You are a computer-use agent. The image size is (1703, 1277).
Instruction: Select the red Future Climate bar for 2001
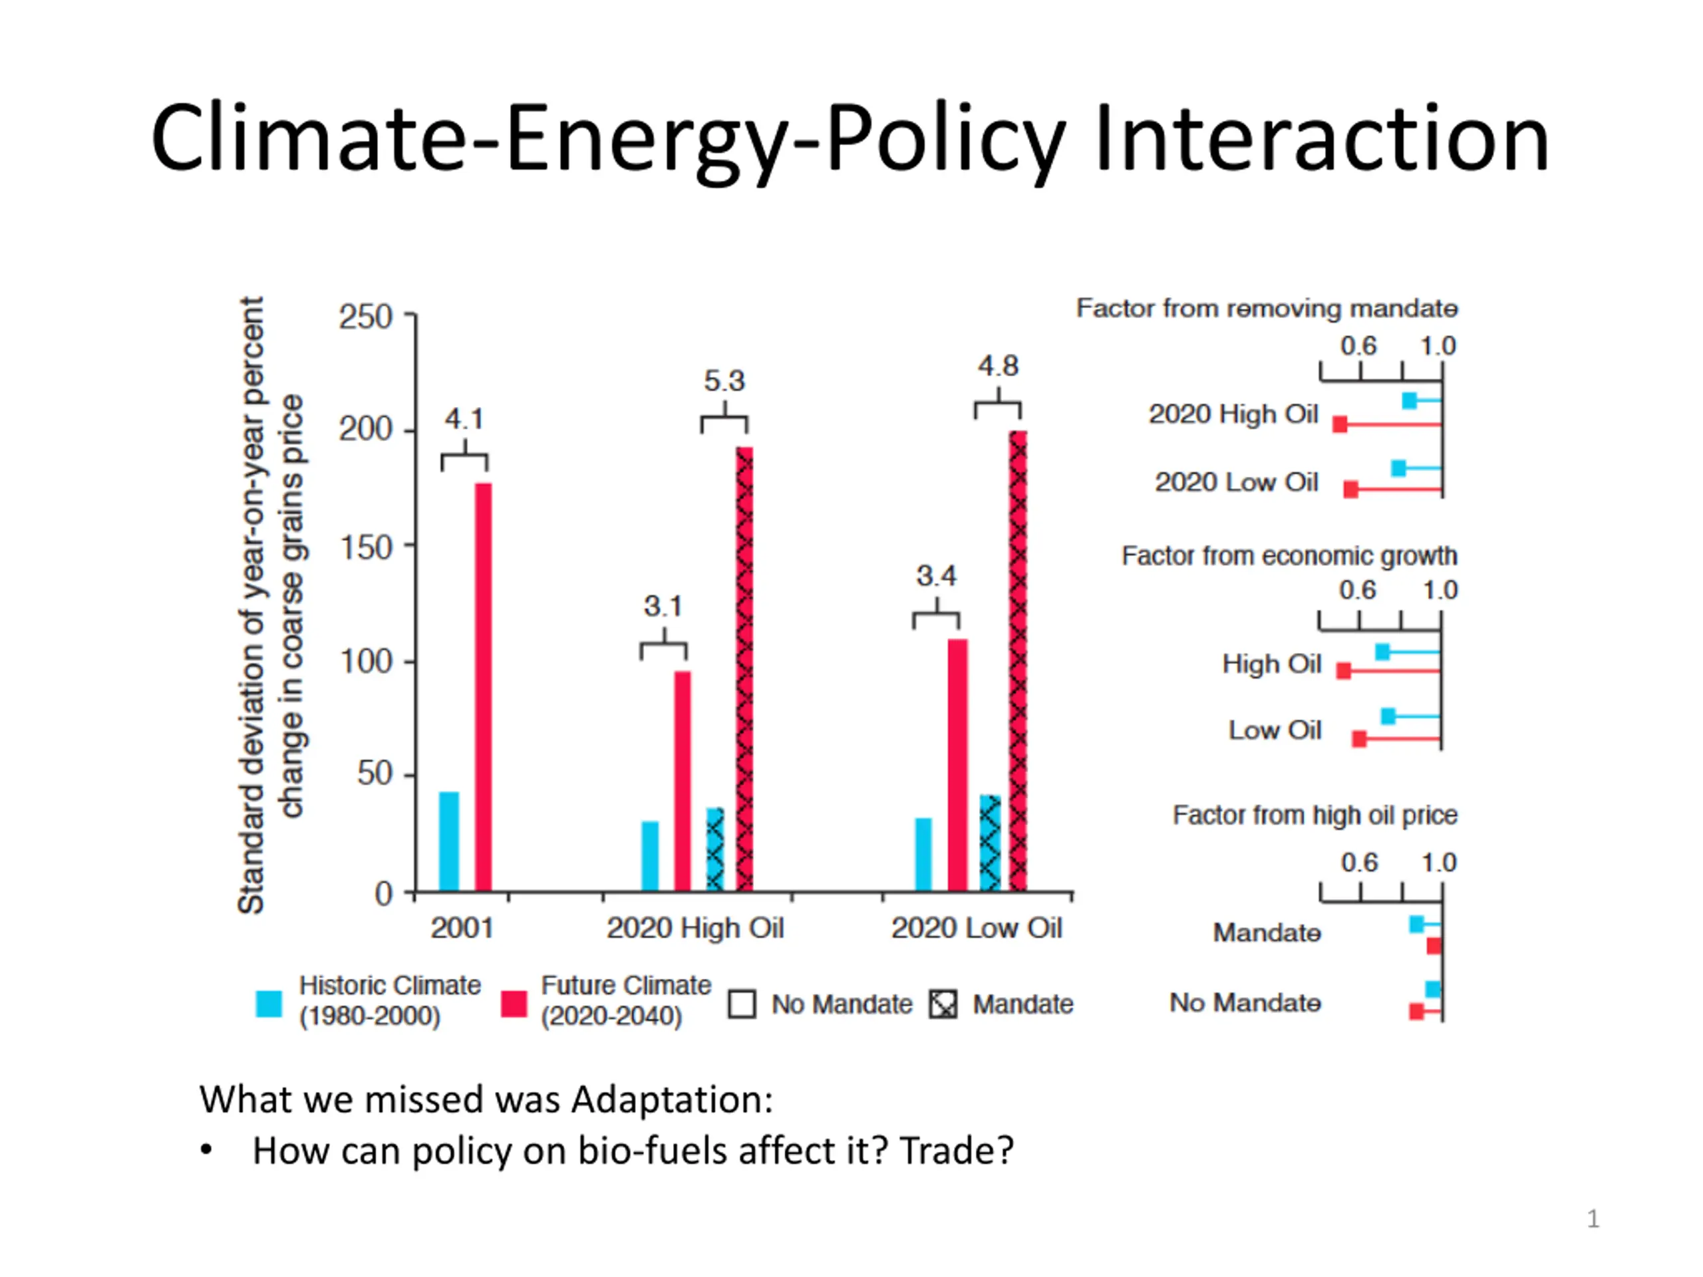pyautogui.click(x=483, y=686)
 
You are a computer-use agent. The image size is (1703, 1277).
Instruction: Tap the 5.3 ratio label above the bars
pyautogui.click(x=724, y=381)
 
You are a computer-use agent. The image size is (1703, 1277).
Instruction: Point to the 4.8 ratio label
pyautogui.click(x=998, y=366)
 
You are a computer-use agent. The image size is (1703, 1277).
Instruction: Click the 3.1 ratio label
pyautogui.click(x=663, y=607)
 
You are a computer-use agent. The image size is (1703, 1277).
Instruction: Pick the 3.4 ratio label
pyautogui.click(x=935, y=576)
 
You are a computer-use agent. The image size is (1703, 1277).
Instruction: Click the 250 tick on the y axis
pyautogui.click(x=366, y=317)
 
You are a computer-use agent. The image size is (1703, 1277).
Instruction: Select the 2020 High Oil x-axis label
pyautogui.click(x=695, y=928)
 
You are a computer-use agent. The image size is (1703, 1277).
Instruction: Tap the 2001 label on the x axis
pyautogui.click(x=461, y=928)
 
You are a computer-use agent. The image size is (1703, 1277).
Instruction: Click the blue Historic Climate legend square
pyautogui.click(x=269, y=1004)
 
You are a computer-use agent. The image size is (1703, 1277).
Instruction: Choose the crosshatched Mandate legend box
pyautogui.click(x=943, y=1004)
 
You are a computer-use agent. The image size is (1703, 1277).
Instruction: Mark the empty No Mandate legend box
pyautogui.click(x=742, y=1004)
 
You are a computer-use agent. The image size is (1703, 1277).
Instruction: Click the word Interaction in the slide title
pyautogui.click(x=1320, y=138)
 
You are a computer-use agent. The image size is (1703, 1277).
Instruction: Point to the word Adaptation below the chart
pyautogui.click(x=671, y=1099)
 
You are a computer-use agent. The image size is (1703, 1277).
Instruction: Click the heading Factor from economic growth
pyautogui.click(x=1289, y=556)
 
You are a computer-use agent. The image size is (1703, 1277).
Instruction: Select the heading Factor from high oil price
pyautogui.click(x=1315, y=815)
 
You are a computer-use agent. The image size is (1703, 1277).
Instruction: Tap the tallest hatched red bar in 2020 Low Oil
pyautogui.click(x=1018, y=662)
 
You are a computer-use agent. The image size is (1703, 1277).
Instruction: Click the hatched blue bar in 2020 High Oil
pyautogui.click(x=715, y=850)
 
